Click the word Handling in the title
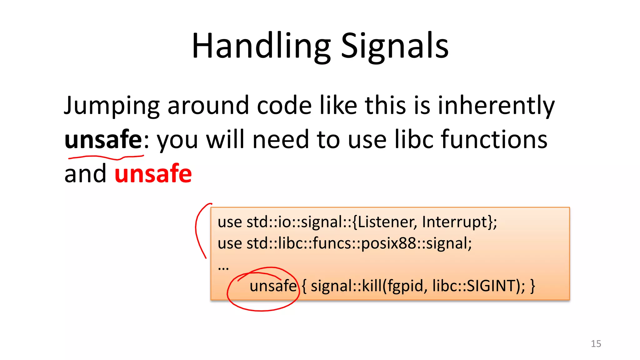coord(261,46)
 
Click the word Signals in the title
coord(394,46)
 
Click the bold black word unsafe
coord(103,140)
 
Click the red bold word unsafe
coord(153,174)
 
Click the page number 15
coord(596,344)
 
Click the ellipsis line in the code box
coord(223,267)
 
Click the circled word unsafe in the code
coord(273,286)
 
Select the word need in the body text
coord(280,140)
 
